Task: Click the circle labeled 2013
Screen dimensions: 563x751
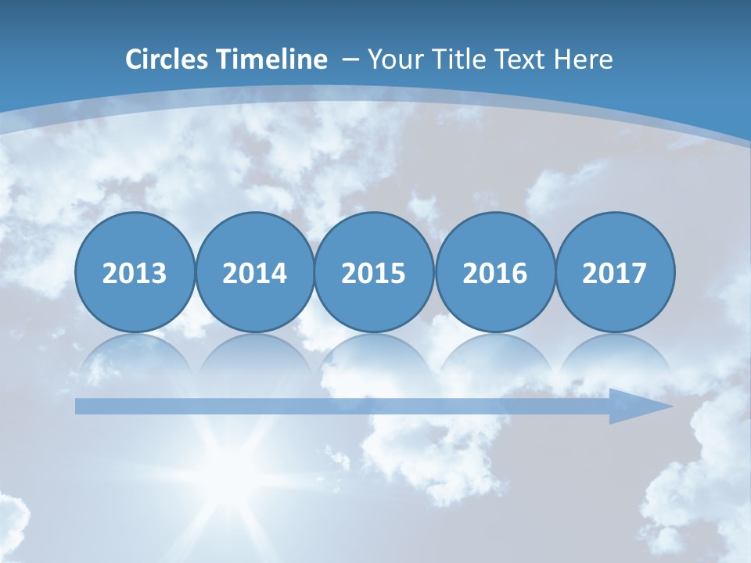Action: pos(135,273)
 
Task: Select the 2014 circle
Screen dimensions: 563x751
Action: pos(255,273)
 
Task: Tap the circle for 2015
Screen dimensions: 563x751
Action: pos(374,273)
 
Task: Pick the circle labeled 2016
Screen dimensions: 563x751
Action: pos(495,273)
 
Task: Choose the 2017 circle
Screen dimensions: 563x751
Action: pos(615,273)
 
